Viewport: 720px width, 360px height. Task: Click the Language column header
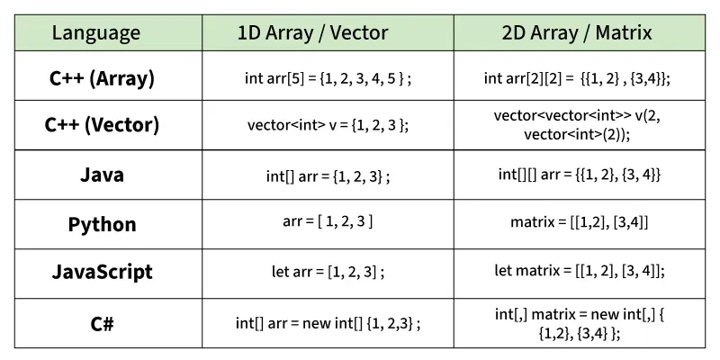pyautogui.click(x=96, y=33)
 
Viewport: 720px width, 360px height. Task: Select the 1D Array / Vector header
pyautogui.click(x=312, y=33)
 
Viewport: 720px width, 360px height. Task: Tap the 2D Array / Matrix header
pyautogui.click(x=577, y=33)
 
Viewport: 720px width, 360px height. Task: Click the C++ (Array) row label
pyautogui.click(x=102, y=78)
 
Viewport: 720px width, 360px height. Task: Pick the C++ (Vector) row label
pyautogui.click(x=102, y=125)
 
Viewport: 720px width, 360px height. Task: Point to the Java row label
pyautogui.click(x=102, y=175)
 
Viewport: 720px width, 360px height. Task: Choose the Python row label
pyautogui.click(x=102, y=224)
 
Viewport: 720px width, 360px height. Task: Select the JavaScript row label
pyautogui.click(x=102, y=272)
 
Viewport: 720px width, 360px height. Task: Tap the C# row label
pyautogui.click(x=102, y=324)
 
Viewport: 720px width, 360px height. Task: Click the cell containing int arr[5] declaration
pyautogui.click(x=328, y=78)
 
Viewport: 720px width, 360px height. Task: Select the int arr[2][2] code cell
pyautogui.click(x=577, y=78)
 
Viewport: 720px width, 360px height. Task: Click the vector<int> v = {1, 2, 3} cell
pyautogui.click(x=328, y=125)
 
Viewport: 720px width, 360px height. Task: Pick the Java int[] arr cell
pyautogui.click(x=328, y=176)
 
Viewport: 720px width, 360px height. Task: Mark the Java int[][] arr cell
pyautogui.click(x=580, y=175)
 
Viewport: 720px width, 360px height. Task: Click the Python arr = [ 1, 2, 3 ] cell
pyautogui.click(x=328, y=221)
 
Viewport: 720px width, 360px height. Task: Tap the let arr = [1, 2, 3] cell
pyautogui.click(x=328, y=272)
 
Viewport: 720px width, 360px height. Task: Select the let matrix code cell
pyautogui.click(x=580, y=271)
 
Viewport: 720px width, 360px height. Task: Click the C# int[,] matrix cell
pyautogui.click(x=580, y=324)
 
